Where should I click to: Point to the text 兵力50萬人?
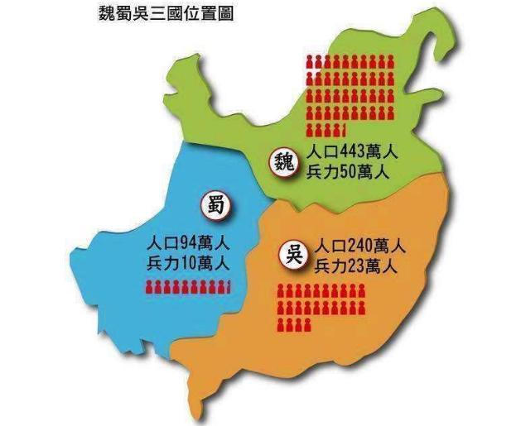[x=348, y=174]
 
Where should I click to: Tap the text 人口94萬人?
[x=187, y=245]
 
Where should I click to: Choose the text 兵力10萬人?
[x=187, y=265]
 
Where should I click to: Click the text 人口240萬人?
[x=360, y=247]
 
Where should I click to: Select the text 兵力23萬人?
[x=356, y=266]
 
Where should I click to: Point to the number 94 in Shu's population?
[x=189, y=245]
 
